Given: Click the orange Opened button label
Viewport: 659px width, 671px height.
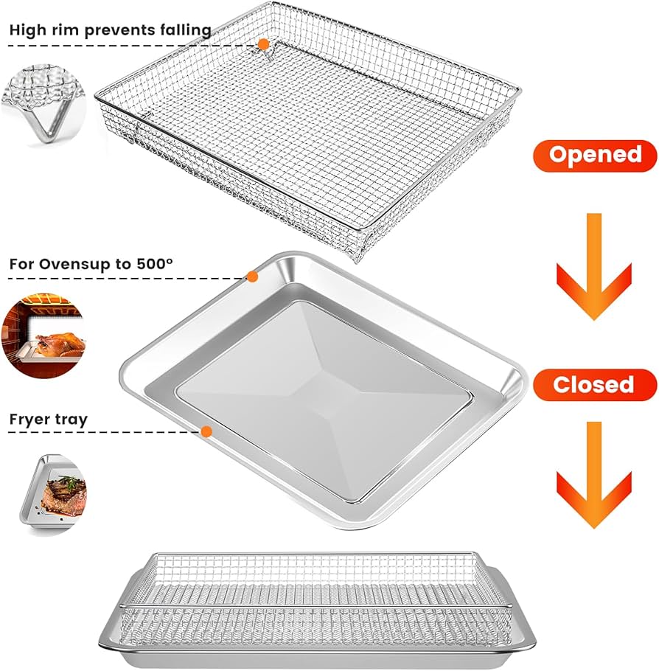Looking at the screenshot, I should tap(595, 156).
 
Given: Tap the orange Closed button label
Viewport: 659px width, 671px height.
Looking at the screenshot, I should tap(593, 385).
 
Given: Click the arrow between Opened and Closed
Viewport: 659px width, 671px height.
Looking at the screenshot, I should tap(593, 265).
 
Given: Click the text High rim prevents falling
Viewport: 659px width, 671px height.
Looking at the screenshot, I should tap(111, 30).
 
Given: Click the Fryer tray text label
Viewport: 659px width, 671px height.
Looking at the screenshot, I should tap(49, 420).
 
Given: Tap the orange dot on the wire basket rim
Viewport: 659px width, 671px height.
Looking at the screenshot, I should tap(263, 45).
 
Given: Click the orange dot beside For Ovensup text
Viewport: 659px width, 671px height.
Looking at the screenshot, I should tap(252, 277).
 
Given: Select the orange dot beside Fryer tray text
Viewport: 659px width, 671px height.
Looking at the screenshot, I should tap(206, 431).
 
